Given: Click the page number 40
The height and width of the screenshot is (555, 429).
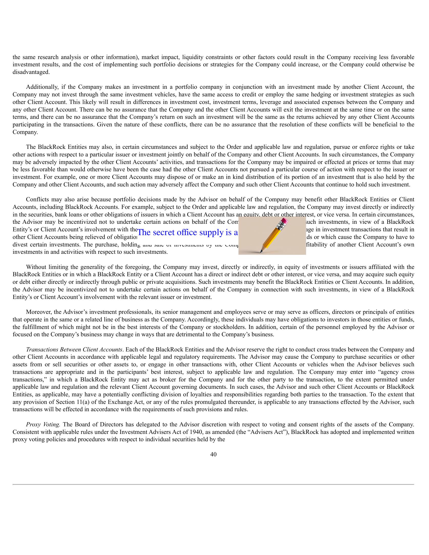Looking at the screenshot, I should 213,454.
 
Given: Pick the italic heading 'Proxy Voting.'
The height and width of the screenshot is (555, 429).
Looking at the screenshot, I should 43,425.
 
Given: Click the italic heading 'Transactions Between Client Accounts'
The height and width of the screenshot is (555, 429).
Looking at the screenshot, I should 74,349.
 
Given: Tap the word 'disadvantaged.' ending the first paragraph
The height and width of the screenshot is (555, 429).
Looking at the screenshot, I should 31,72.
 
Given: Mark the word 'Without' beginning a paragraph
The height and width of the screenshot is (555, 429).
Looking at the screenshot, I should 36,267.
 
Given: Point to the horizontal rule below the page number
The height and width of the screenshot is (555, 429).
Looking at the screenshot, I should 213,484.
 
